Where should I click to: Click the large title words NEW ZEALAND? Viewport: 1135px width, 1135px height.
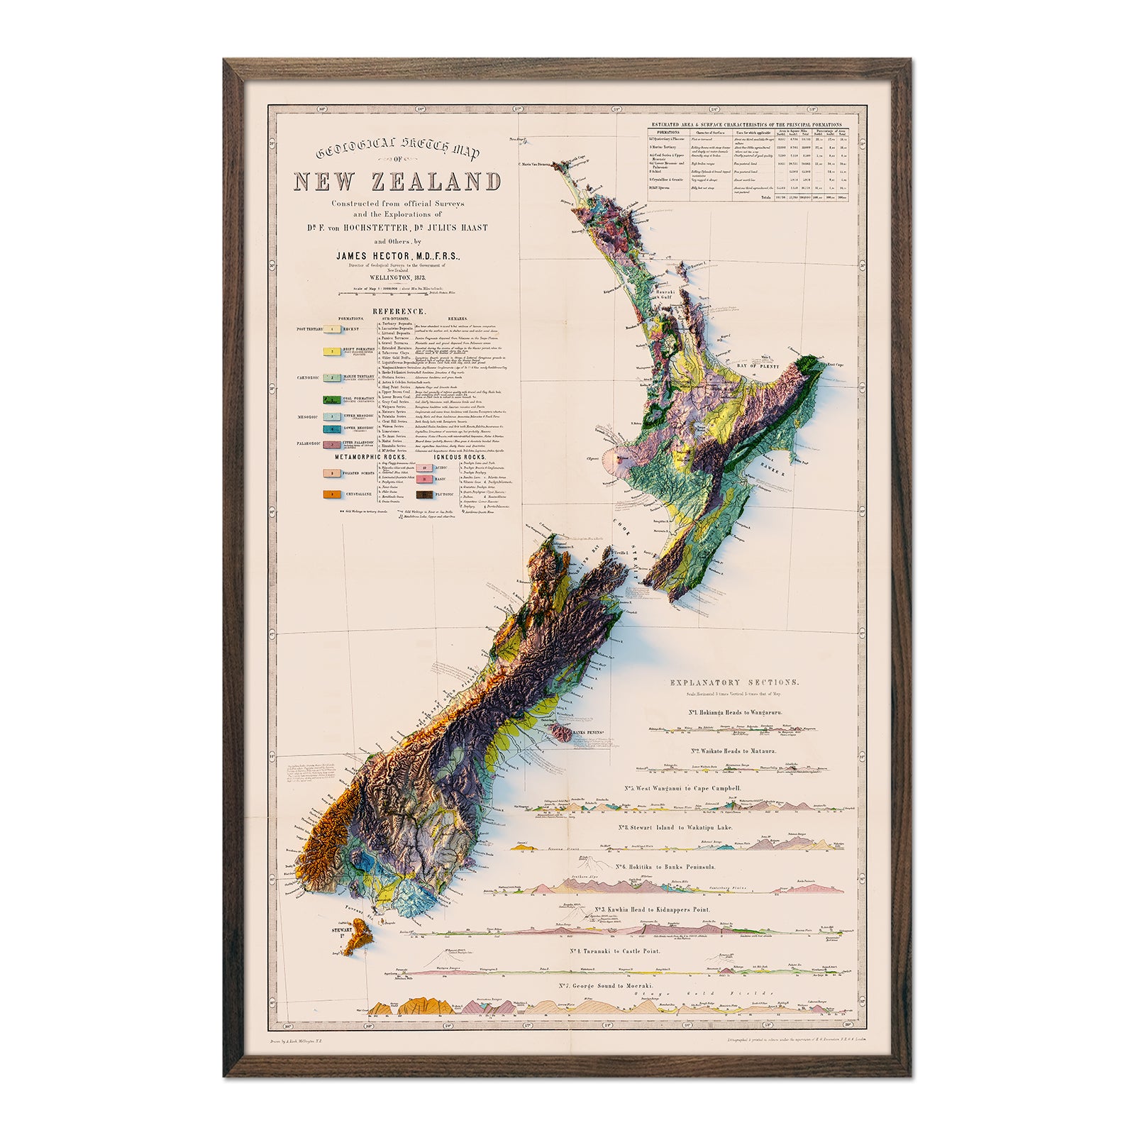397,182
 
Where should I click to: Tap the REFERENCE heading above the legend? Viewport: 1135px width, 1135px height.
400,311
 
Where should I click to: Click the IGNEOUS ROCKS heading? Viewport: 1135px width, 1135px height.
445,458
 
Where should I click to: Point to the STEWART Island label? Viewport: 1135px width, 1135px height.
343,927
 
